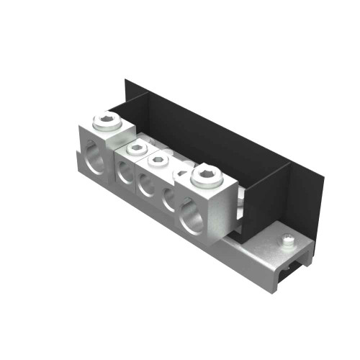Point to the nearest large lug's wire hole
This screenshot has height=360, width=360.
192,217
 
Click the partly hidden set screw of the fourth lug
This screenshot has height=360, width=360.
180,173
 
